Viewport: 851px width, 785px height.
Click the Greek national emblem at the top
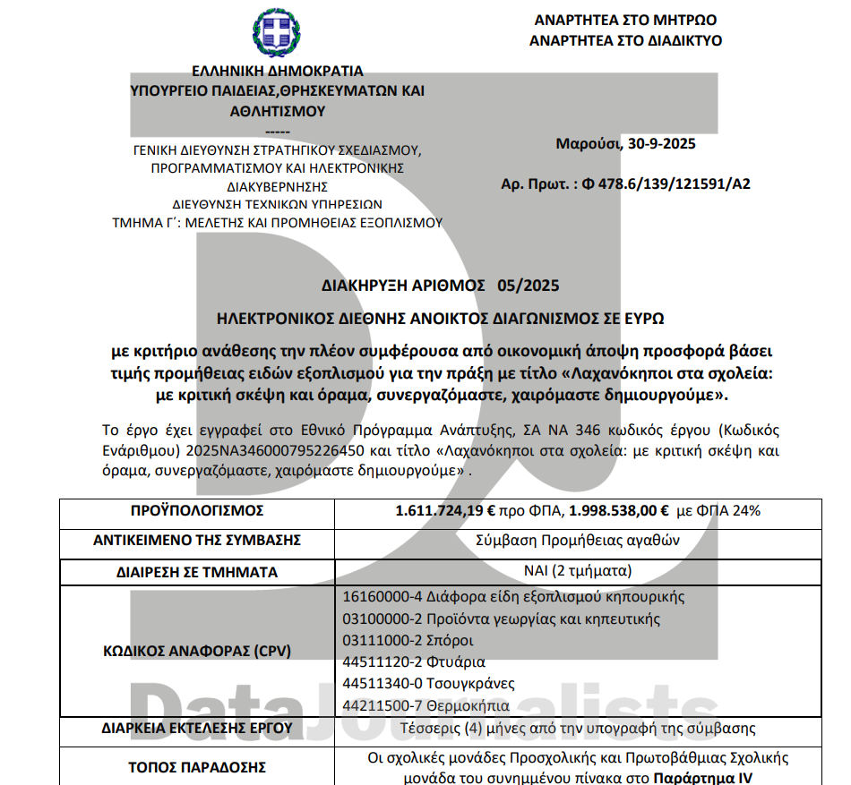pyautogui.click(x=277, y=34)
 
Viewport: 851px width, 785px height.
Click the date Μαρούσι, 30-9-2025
pyautogui.click(x=625, y=143)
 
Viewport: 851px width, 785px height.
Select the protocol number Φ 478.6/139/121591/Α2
pyautogui.click(x=666, y=184)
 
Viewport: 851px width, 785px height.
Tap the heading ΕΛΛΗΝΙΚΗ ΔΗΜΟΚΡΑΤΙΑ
pyautogui.click(x=278, y=71)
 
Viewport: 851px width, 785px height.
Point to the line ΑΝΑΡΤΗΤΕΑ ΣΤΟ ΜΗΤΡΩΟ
pyautogui.click(x=625, y=20)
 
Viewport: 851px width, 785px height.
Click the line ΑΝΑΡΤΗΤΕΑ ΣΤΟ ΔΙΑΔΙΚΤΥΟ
pyautogui.click(x=625, y=40)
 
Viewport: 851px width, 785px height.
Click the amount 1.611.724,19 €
pyautogui.click(x=445, y=511)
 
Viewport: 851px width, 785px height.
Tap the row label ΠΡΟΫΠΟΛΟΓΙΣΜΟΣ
pyautogui.click(x=197, y=511)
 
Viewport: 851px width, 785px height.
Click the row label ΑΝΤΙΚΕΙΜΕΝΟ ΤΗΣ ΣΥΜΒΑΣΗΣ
pyautogui.click(x=197, y=541)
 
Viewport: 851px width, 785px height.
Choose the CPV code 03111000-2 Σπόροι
pyautogui.click(x=408, y=640)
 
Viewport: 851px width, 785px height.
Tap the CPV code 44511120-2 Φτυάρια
pyautogui.click(x=414, y=662)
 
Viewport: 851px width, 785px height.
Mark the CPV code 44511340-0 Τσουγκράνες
pyautogui.click(x=429, y=684)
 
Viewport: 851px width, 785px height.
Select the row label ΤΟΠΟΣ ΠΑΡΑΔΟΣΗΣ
pyautogui.click(x=197, y=767)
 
